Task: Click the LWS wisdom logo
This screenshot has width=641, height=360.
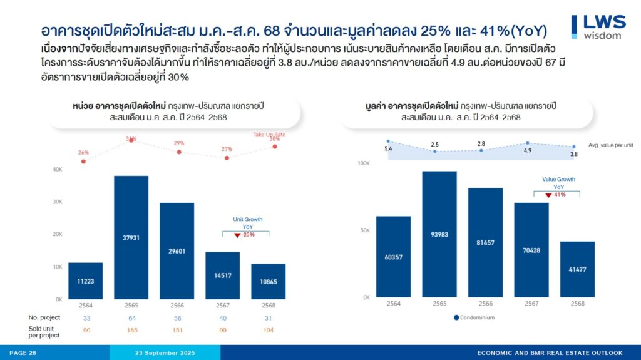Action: (x=598, y=26)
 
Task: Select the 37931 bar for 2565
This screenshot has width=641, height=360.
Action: (x=131, y=237)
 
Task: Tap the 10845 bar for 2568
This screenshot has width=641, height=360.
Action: (x=268, y=281)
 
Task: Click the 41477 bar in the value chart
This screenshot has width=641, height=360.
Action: (x=577, y=269)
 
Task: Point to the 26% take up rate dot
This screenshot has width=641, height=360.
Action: (x=84, y=162)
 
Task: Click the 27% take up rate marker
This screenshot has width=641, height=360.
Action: (x=227, y=158)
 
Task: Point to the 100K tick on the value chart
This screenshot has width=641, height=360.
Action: (x=364, y=163)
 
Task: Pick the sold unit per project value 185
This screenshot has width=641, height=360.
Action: (x=131, y=329)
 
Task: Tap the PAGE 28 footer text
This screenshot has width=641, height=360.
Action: (x=23, y=353)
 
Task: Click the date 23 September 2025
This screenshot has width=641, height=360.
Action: (x=165, y=353)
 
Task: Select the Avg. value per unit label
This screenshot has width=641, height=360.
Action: (x=611, y=145)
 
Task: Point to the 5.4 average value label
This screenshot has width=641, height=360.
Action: (x=388, y=149)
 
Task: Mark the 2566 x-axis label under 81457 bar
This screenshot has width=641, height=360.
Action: (x=485, y=303)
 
